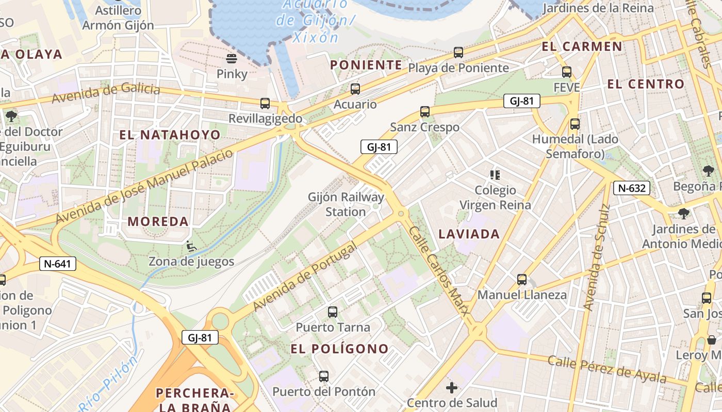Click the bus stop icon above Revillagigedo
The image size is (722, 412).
pyautogui.click(x=265, y=104)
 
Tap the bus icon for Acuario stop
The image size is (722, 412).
pyautogui.click(x=355, y=89)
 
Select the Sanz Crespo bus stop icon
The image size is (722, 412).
pyautogui.click(x=425, y=112)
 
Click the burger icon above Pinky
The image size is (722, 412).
pyautogui.click(x=232, y=58)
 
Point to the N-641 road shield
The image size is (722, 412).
pyautogui.click(x=58, y=264)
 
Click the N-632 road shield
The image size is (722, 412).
pyautogui.click(x=631, y=188)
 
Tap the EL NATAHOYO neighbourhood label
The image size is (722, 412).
pyautogui.click(x=170, y=135)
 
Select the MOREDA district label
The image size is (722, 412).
pyautogui.click(x=158, y=222)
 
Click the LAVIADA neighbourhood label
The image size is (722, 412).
pyautogui.click(x=469, y=234)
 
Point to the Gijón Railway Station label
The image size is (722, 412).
pyautogui.click(x=346, y=204)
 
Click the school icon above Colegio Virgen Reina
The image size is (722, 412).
pyautogui.click(x=495, y=175)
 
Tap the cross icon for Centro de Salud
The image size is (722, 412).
pyautogui.click(x=452, y=388)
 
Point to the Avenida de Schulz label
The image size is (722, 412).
pyautogui.click(x=596, y=257)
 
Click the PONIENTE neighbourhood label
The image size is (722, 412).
pyautogui.click(x=366, y=65)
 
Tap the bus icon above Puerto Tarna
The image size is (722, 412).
pyautogui.click(x=333, y=312)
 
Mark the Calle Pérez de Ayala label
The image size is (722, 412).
pyautogui.click(x=606, y=369)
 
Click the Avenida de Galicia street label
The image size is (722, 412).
pyautogui.click(x=106, y=93)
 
